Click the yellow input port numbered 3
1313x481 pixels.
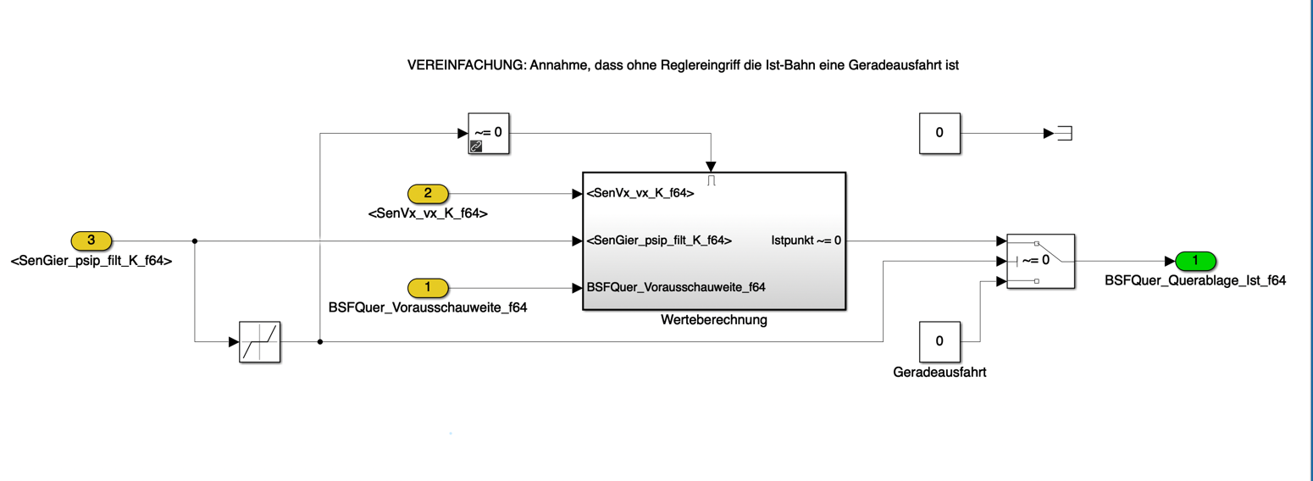click(91, 240)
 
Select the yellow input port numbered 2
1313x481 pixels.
click(428, 194)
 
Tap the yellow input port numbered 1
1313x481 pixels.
click(428, 287)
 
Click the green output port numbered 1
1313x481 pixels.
click(1194, 261)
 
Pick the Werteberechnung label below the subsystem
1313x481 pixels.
click(713, 322)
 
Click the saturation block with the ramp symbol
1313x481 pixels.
click(259, 342)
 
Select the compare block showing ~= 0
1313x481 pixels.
click(489, 134)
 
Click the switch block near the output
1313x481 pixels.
click(1040, 261)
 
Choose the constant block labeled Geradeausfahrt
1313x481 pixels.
click(939, 341)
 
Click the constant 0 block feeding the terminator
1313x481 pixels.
click(939, 133)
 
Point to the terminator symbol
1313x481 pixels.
click(1065, 133)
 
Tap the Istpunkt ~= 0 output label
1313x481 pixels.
click(806, 240)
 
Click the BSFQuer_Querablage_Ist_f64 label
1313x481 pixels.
click(1195, 281)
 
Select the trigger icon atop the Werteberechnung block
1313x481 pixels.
click(713, 180)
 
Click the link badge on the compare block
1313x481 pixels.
click(476, 147)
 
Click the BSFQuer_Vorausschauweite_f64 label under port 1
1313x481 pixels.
click(428, 308)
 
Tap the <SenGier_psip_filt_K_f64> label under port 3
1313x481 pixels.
click(91, 262)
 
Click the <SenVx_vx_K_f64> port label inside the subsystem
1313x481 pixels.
click(640, 194)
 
